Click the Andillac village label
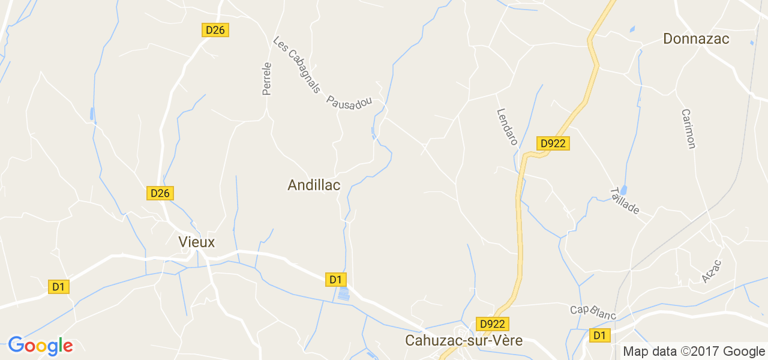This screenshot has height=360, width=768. tap(314, 185)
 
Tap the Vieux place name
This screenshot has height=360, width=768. tap(196, 242)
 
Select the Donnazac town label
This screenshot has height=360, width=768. tap(696, 39)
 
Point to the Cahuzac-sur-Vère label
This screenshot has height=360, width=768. tap(464, 341)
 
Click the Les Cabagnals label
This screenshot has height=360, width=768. tap(296, 65)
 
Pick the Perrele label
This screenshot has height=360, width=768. tap(267, 79)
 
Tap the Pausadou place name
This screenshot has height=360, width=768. tap(349, 101)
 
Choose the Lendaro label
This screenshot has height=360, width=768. tap(507, 127)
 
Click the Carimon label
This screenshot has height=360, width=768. tap(688, 128)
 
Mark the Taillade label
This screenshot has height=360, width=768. tap(624, 201)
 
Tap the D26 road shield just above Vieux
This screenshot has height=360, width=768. tap(160, 193)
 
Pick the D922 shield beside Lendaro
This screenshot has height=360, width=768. tap(553, 143)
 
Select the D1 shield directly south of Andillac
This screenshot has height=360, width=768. tap(336, 279)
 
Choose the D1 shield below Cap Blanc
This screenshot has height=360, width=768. tap(599, 335)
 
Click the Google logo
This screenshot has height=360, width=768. tap(40, 346)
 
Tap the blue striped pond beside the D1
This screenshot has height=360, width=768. tap(343, 294)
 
